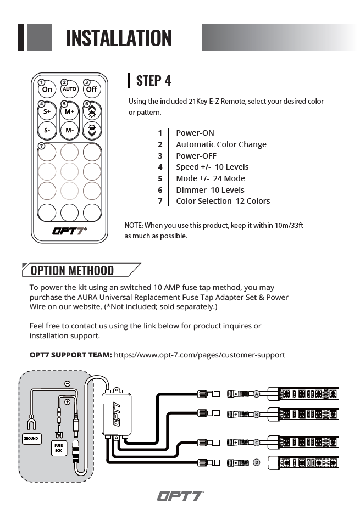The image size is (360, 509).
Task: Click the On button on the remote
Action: point(47,89)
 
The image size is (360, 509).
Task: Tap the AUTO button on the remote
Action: point(69,89)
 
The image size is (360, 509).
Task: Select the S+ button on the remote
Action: point(47,111)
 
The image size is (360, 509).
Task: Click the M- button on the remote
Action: point(69,131)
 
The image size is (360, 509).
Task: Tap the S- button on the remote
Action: point(47,131)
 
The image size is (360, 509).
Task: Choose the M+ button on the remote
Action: point(69,111)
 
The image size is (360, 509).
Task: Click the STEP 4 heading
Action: point(153,81)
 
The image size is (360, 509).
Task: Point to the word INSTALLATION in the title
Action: point(118,38)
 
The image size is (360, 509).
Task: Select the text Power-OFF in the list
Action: point(196,156)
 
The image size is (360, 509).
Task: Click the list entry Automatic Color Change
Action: point(221,144)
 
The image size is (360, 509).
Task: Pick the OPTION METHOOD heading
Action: point(72,270)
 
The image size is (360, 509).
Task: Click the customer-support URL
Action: point(199,355)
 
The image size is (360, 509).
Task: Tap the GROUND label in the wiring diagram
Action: point(31,439)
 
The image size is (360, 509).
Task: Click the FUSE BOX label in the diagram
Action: point(58,448)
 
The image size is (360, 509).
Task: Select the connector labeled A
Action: point(256,394)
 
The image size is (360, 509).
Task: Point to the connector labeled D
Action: point(256,462)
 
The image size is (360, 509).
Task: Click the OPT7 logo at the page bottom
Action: point(180,496)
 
